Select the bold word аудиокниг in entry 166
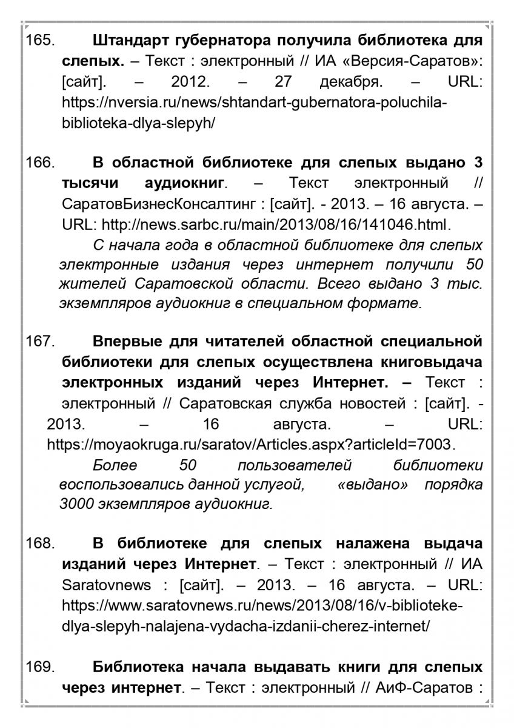click(185, 183)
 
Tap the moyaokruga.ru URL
click(249, 445)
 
